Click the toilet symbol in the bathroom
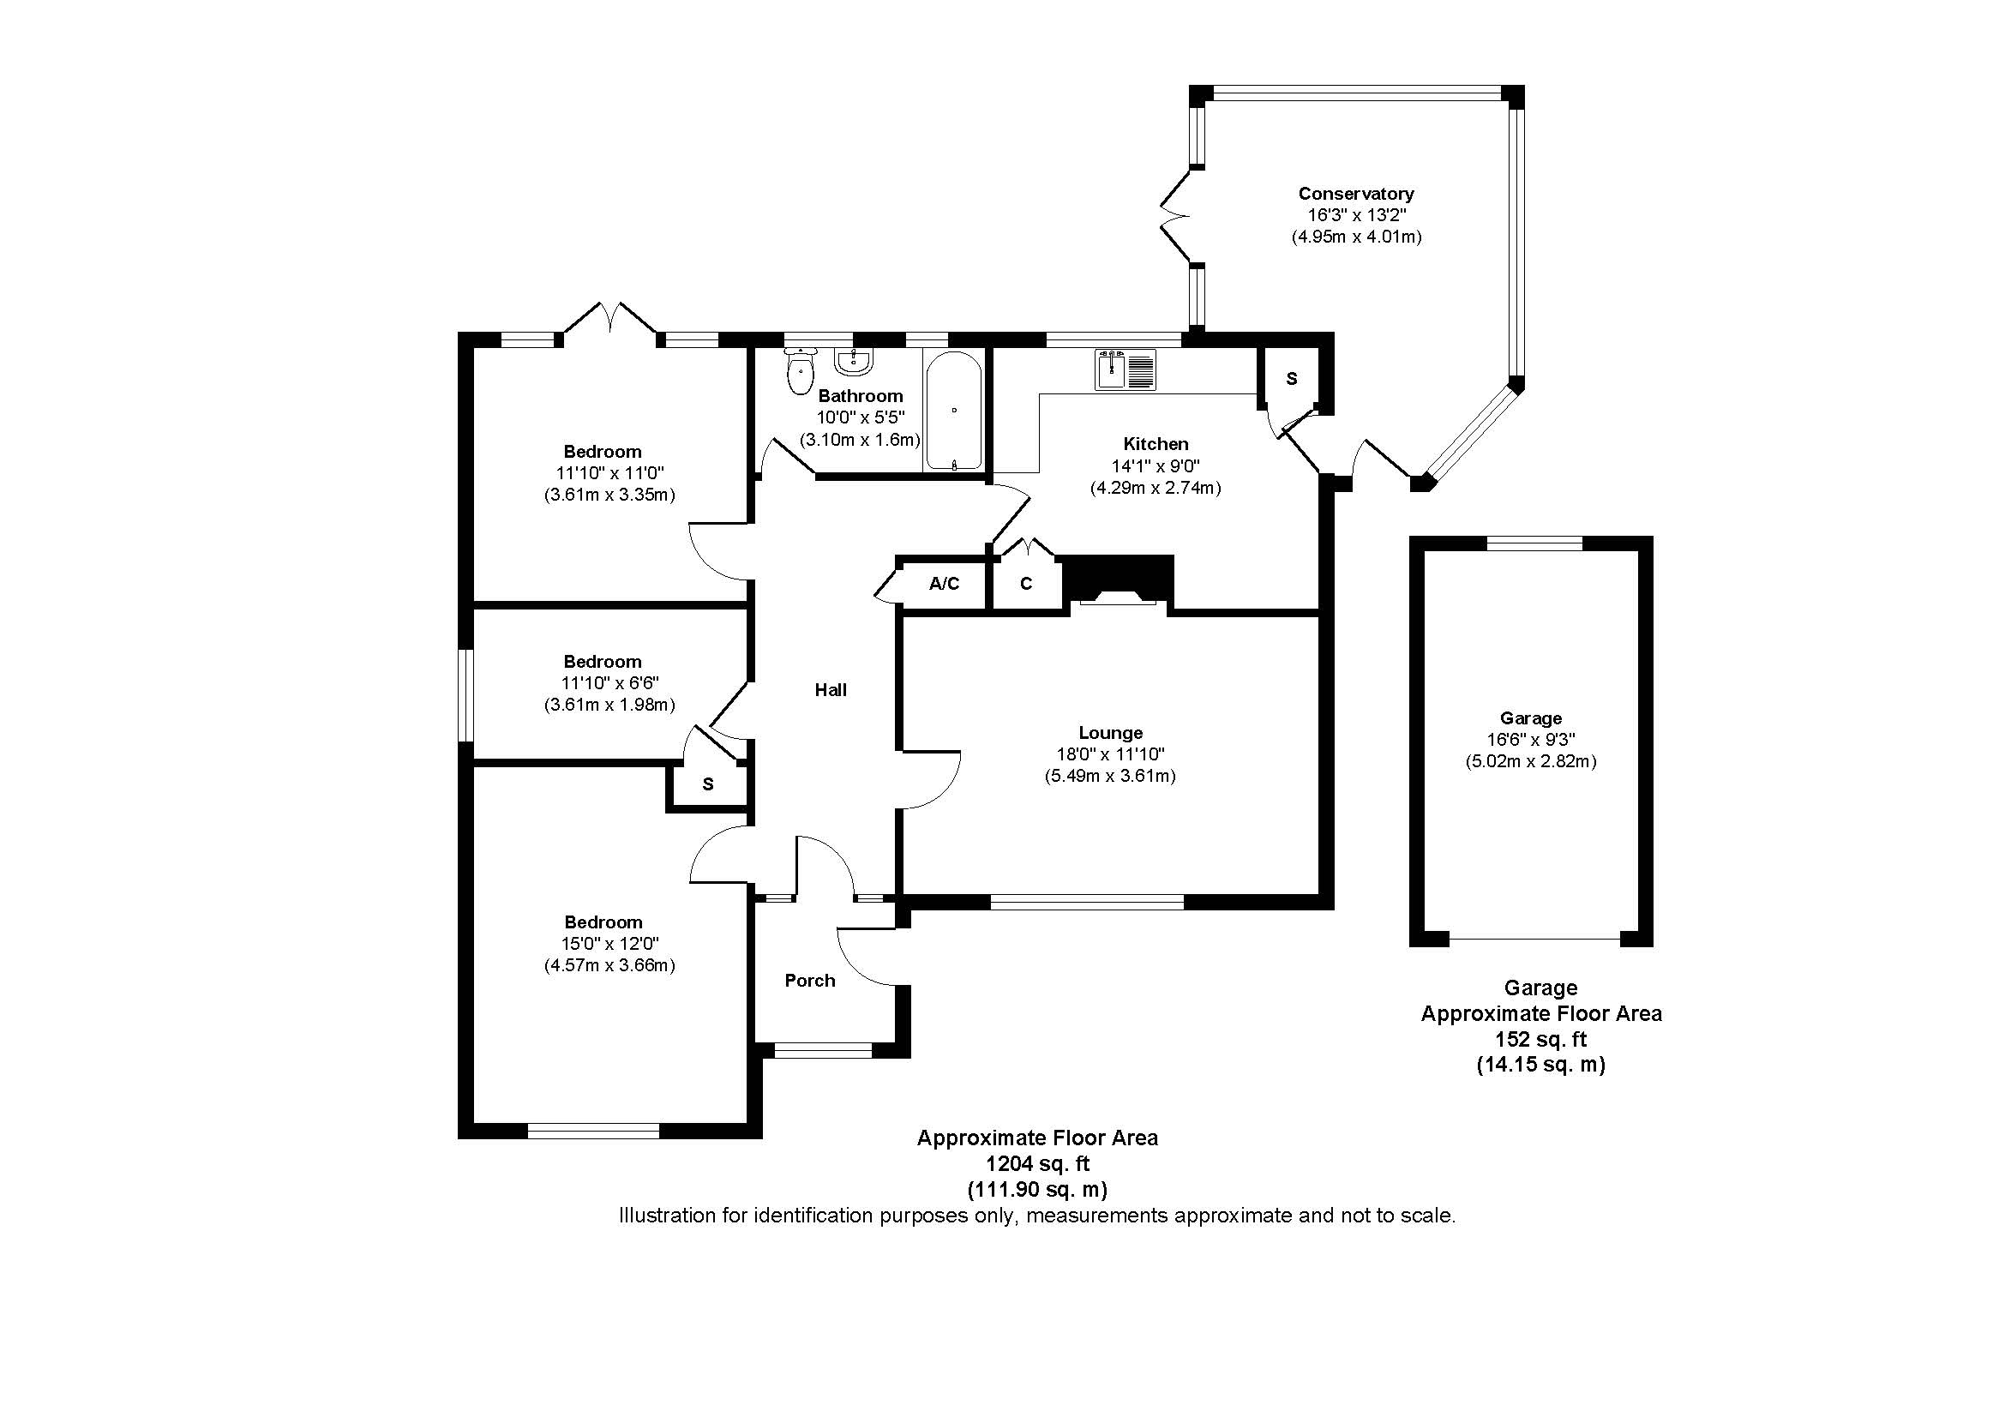799,373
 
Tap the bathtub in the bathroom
953,411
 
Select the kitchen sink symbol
1125,369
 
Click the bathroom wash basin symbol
852,361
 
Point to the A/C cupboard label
944,583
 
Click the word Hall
831,690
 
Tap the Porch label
809,981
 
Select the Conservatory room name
1355,193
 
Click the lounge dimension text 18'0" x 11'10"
1110,754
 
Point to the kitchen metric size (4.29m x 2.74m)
1155,488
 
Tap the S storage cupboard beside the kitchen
1292,378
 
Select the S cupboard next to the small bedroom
707,784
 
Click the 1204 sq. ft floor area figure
1037,1164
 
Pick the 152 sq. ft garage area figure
1540,1039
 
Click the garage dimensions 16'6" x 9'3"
1530,740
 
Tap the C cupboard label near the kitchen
1026,583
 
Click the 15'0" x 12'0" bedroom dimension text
609,944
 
